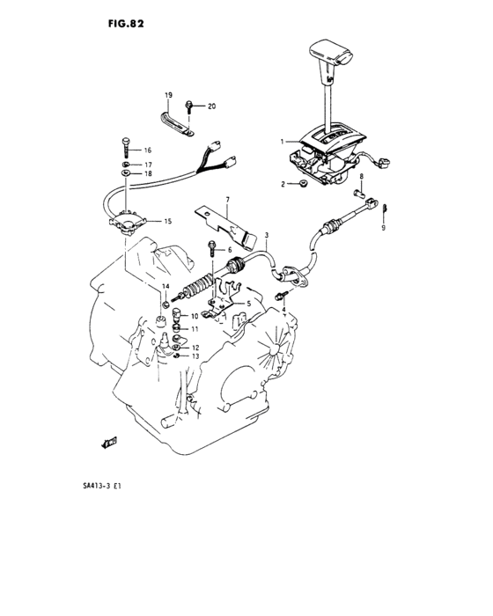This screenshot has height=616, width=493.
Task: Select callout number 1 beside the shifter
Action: pyautogui.click(x=283, y=141)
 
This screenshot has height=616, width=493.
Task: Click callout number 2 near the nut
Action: pyautogui.click(x=283, y=184)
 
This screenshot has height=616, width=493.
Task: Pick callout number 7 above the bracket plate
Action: pyautogui.click(x=226, y=201)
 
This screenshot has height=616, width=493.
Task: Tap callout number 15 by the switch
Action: pyautogui.click(x=166, y=222)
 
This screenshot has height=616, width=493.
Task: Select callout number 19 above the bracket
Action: pyautogui.click(x=166, y=93)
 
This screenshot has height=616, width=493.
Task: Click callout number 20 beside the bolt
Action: pyautogui.click(x=211, y=106)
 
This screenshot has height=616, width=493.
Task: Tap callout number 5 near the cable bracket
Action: pyautogui.click(x=248, y=304)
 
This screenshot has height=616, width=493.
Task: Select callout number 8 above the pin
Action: pyautogui.click(x=360, y=176)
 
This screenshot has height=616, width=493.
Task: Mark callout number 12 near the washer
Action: pyautogui.click(x=195, y=348)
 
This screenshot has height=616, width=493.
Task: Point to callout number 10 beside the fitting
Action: pyautogui.click(x=195, y=315)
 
